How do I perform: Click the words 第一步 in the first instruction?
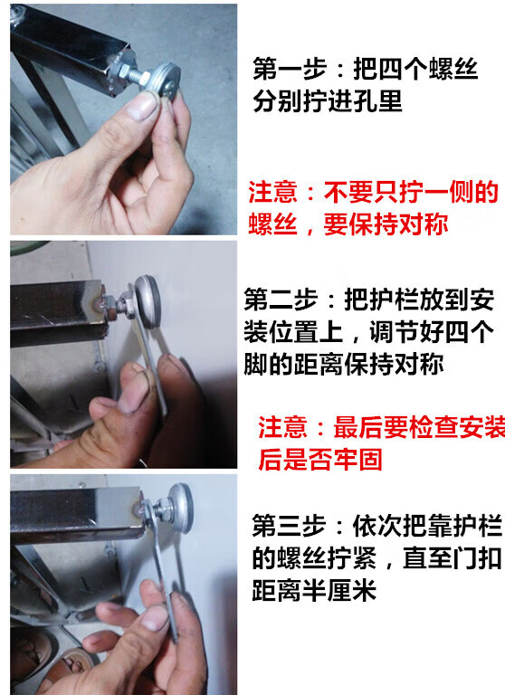coord(290,69)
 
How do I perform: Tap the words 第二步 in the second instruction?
coord(281,300)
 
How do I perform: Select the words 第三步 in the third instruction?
coord(289,526)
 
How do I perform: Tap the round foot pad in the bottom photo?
coord(178,507)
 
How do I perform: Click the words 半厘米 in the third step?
coord(338,590)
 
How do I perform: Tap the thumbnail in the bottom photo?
coord(155,617)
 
